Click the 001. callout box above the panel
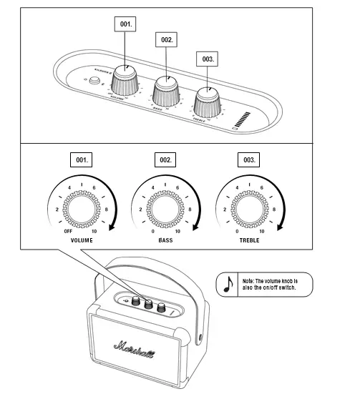click(126, 24)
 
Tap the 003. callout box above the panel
click(207, 57)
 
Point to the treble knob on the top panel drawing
click(208, 101)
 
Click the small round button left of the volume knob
click(92, 81)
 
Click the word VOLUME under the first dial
click(82, 240)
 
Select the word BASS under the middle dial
click(165, 240)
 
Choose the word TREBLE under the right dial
click(249, 240)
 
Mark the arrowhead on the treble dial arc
click(280, 227)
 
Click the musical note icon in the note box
click(228, 284)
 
